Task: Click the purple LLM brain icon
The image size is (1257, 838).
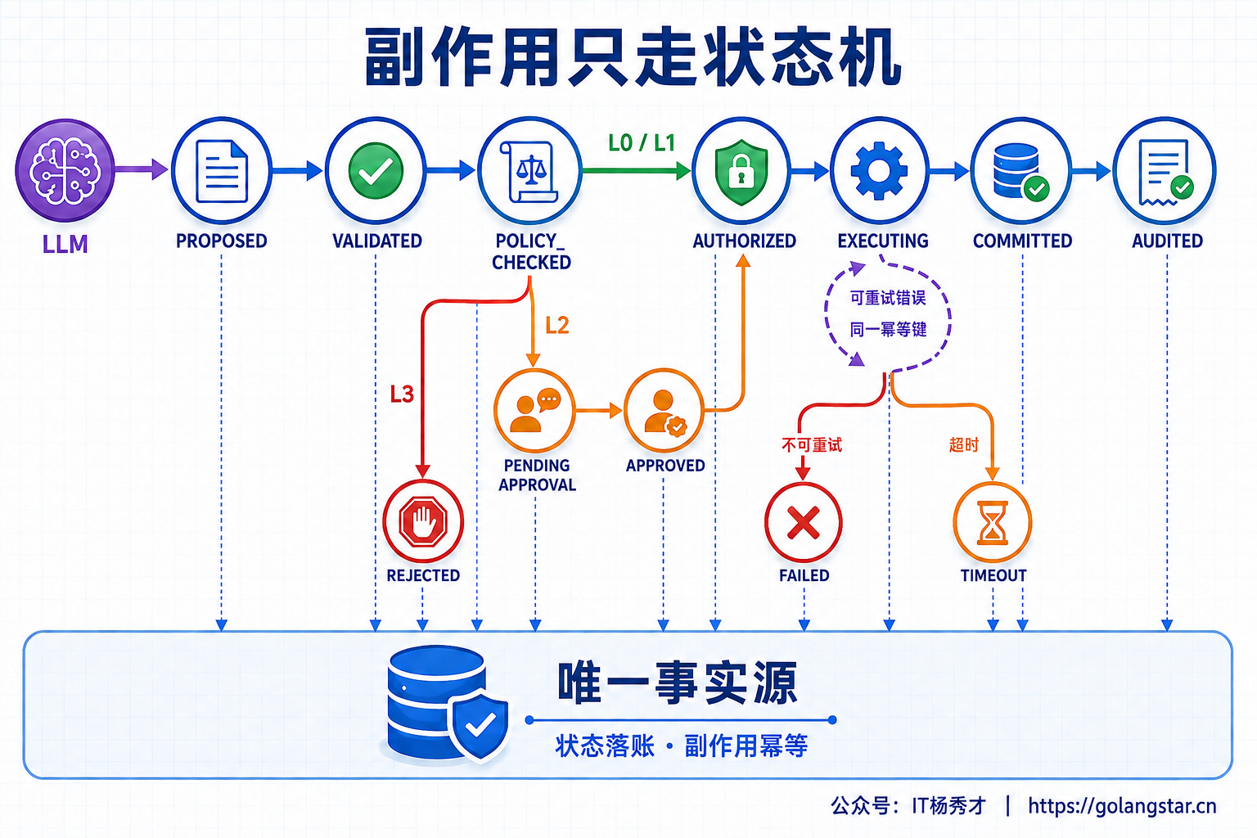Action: coord(65,170)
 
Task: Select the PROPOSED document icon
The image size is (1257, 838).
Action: coord(222,171)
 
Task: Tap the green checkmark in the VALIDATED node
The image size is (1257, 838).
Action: coord(376,171)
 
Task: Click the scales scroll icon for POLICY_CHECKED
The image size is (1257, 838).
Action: coord(529,171)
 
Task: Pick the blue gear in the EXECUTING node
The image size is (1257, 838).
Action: coord(879,171)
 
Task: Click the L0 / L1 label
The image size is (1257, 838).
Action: coord(642,143)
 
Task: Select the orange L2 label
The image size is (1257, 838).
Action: coord(557,326)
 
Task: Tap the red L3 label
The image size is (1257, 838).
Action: coord(402,394)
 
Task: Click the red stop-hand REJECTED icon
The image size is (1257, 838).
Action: coord(423,521)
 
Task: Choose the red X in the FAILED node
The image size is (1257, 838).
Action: coord(804,523)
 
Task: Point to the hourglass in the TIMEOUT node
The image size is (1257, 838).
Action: coord(992,523)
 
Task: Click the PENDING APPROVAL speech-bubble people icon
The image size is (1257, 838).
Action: coord(534,410)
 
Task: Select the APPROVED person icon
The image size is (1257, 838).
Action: coord(664,411)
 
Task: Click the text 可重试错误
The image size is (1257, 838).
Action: coord(888,298)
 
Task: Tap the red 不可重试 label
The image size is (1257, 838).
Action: coord(812,445)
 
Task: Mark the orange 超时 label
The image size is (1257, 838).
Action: coord(963,444)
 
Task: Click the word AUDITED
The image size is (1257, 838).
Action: coord(1167,241)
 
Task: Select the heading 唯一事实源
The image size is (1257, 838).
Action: coord(678,683)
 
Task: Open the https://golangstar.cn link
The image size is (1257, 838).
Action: coord(1122,806)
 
